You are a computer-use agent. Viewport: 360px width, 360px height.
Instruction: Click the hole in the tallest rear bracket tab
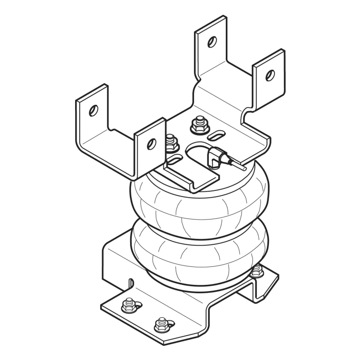(x=211, y=41)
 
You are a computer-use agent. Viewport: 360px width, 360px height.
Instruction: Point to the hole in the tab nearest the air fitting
(x=152, y=144)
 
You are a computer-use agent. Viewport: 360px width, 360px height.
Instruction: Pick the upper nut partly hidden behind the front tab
(x=170, y=143)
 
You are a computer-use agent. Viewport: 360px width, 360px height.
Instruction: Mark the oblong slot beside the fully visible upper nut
(x=217, y=134)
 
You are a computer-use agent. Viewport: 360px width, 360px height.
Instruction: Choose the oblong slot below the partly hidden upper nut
(x=175, y=159)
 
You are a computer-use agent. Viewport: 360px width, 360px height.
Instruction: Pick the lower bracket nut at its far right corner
(x=256, y=270)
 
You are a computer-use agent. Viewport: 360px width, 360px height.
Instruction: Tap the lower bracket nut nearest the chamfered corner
(x=161, y=323)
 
